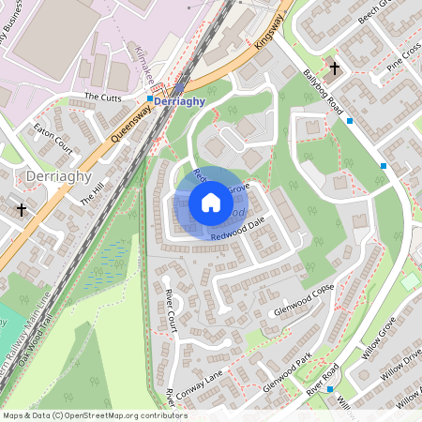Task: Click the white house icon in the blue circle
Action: point(211,203)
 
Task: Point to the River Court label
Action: point(170,310)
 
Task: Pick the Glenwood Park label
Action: point(286,372)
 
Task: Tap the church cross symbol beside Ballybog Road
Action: point(335,68)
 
